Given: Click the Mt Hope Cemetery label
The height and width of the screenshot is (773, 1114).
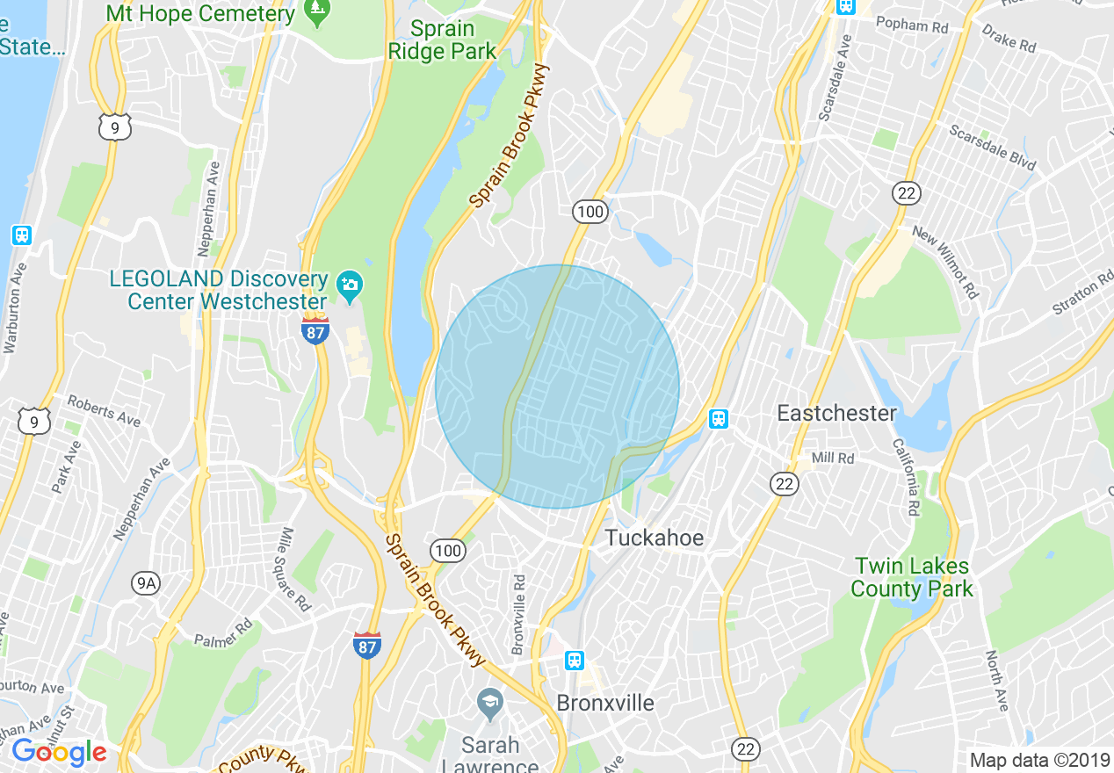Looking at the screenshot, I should coord(200,14).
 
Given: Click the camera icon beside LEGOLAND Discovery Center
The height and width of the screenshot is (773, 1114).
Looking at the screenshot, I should coord(351,285).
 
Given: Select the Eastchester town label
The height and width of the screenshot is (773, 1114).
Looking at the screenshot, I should coord(836,413).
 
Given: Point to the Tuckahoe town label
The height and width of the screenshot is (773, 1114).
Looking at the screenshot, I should coord(655,538).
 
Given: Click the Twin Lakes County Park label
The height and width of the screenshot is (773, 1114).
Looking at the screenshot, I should coord(912,578).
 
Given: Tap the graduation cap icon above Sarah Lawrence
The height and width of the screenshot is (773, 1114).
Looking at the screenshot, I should coord(489,702).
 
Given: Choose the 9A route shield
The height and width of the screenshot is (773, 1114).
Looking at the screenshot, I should coord(147,582).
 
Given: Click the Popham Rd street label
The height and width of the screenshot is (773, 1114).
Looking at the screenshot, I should coord(912,25).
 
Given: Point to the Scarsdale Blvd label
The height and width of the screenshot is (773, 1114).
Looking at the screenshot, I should coord(992,148).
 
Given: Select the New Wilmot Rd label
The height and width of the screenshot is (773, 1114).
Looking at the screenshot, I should coord(945,262).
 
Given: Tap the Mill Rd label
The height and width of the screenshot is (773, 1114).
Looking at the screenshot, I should coord(833,458).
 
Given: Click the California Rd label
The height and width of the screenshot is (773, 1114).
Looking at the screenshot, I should coord(904,478).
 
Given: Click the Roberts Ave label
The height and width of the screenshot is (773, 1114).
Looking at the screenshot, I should coord(104,409).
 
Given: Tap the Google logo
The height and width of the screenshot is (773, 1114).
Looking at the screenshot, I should coord(59,752).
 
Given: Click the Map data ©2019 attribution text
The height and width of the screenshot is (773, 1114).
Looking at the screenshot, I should coord(1038,760).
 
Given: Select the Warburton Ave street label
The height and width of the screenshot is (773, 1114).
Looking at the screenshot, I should coord(11,307).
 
